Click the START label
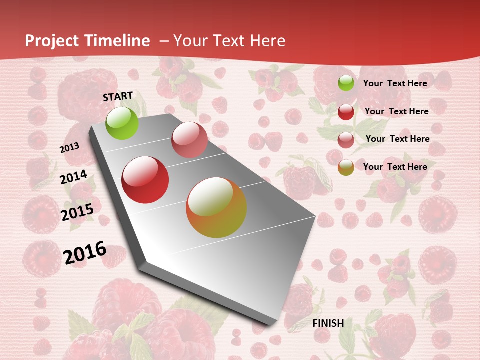coord(118,96)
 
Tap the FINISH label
coord(328,323)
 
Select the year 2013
coord(70,148)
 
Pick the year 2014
coord(74,177)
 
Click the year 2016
coord(85,252)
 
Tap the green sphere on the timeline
coord(122,123)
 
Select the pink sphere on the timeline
coord(189,139)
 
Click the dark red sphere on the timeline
coord(145,180)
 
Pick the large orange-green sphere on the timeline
coord(216,207)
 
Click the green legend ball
coord(346,83)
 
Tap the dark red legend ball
coord(346,112)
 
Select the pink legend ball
coord(346,140)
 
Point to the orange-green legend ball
coord(346,167)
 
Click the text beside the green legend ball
coord(395,83)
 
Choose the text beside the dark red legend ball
coord(397,111)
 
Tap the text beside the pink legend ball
coord(398,139)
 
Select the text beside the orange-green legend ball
coord(395,167)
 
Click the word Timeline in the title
coord(117,41)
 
